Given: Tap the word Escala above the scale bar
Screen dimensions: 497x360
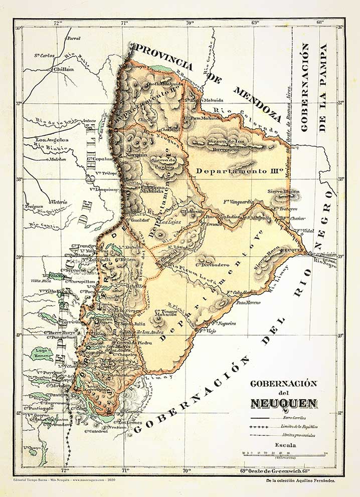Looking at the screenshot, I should pyautogui.click(x=284, y=444).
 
